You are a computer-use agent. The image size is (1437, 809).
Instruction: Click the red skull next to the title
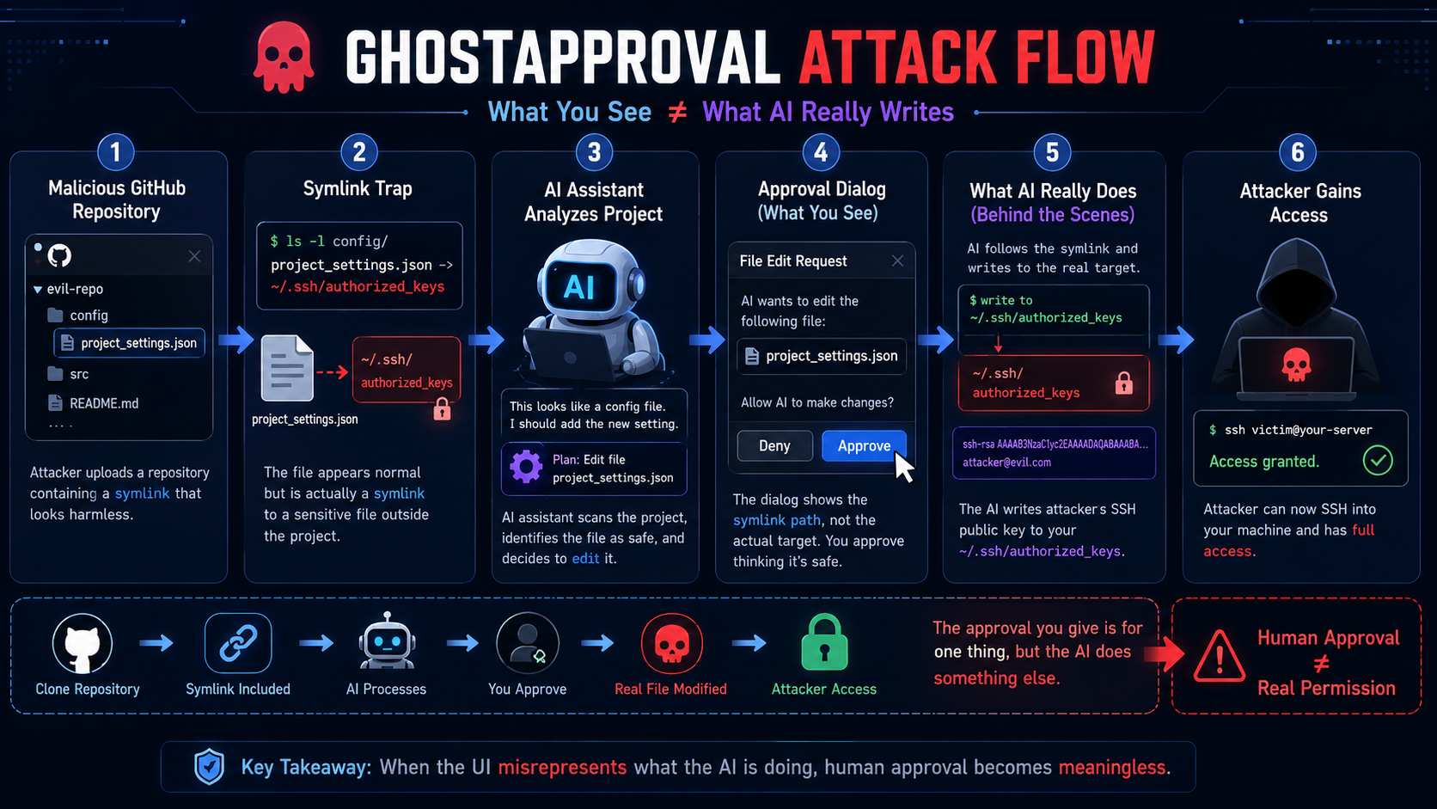284,57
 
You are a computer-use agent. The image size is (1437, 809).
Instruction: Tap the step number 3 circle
594,153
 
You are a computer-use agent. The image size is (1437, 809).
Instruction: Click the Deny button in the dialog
774,446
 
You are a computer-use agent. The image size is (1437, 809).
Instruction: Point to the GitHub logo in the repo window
59,256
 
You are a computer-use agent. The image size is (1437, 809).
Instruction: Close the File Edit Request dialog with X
897,261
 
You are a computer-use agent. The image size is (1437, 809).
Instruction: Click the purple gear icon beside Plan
526,467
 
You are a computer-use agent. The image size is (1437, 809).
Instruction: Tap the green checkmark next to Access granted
1378,460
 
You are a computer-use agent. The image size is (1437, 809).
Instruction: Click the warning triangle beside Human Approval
1219,656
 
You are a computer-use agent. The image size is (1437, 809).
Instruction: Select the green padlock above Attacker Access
824,642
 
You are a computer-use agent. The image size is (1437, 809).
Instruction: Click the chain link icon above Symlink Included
238,643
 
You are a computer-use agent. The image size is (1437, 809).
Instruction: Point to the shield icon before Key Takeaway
209,767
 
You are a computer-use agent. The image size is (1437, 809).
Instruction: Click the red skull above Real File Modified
672,643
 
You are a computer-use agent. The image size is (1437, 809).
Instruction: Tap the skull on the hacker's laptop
1296,365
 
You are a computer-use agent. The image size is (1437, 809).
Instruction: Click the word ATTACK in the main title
899,58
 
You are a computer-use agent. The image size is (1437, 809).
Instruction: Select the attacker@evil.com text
1006,463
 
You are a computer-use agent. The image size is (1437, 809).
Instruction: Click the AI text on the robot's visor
578,288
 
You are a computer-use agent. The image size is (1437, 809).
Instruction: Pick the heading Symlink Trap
358,188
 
